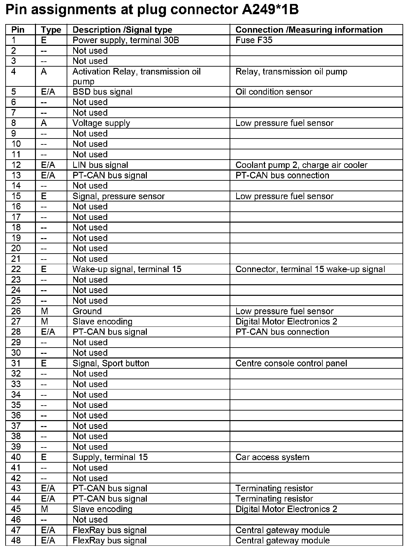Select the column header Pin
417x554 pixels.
click(x=18, y=30)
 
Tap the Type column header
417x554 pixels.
click(x=51, y=30)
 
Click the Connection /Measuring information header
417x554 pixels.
click(x=309, y=30)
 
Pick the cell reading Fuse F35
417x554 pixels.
click(x=254, y=40)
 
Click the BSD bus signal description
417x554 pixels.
click(x=102, y=92)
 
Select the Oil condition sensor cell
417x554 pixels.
click(x=273, y=92)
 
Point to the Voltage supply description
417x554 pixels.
click(x=101, y=123)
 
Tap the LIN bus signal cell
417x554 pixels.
click(x=100, y=165)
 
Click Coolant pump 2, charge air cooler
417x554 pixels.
click(x=301, y=165)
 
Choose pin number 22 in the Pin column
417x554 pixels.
click(x=16, y=269)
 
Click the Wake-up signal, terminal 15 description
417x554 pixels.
click(x=127, y=269)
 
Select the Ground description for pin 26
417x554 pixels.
click(x=87, y=311)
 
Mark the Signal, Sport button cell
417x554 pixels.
click(x=111, y=363)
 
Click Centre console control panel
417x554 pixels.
click(x=291, y=363)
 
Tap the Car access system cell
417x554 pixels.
click(x=272, y=457)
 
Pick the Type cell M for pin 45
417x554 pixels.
click(x=45, y=509)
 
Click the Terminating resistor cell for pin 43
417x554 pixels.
click(x=274, y=488)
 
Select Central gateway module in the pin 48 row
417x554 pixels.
click(x=282, y=540)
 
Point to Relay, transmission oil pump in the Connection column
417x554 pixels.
click(x=291, y=72)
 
